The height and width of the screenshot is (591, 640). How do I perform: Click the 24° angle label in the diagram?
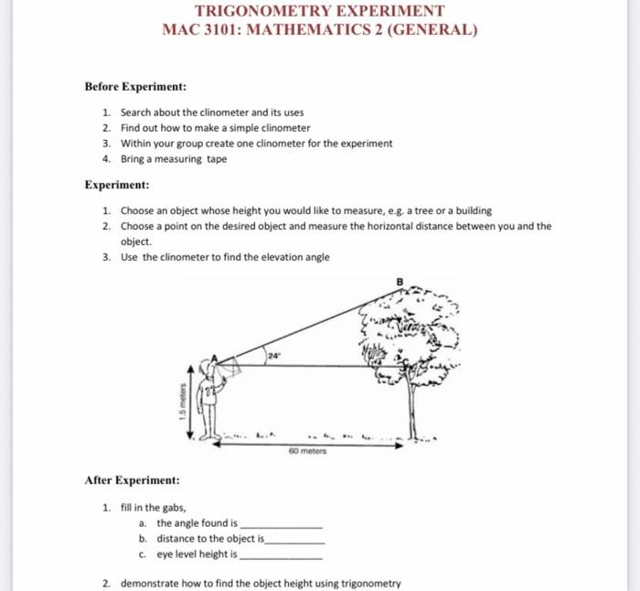pos(272,352)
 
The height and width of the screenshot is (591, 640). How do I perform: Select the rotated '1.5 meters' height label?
pos(183,402)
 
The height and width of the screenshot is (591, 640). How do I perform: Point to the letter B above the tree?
pos(398,281)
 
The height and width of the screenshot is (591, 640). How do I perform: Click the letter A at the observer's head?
pos(214,359)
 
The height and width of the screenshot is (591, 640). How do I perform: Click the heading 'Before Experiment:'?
pos(135,86)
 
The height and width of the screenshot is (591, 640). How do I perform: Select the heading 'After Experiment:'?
pos(132,479)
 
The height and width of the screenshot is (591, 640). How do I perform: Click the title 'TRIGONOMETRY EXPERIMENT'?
pos(320,11)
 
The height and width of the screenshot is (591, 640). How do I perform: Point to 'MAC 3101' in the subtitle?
pos(188,29)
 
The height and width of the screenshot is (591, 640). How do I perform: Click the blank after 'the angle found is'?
pos(281,524)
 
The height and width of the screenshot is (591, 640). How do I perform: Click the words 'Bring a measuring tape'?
pos(174,158)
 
